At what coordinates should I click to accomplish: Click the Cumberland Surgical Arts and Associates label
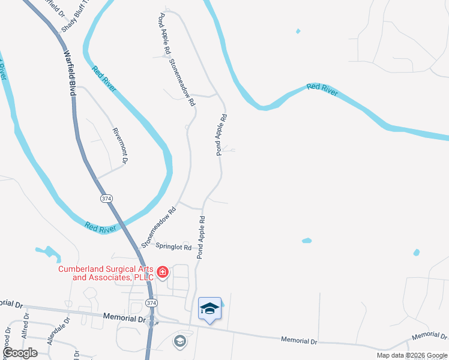[x=106, y=273]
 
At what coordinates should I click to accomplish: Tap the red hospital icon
[x=162, y=274]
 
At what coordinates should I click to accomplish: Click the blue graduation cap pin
[x=209, y=309]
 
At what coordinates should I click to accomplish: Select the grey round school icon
[x=179, y=341]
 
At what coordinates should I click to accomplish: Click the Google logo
[x=20, y=353]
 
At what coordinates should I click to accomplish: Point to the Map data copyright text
[x=412, y=355]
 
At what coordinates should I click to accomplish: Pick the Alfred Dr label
[x=25, y=330]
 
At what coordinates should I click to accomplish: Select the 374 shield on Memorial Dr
[x=151, y=304]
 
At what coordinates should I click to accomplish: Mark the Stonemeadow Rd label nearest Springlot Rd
[x=158, y=225]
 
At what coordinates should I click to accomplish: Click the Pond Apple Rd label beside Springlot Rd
[x=201, y=237]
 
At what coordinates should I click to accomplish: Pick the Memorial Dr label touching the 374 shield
[x=125, y=317]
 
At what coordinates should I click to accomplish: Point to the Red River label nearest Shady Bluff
[x=104, y=79]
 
